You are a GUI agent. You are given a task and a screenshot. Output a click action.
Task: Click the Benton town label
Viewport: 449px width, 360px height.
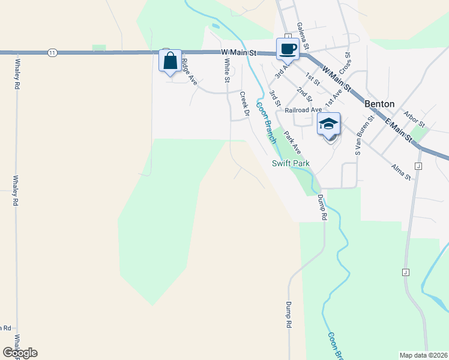tap(379, 104)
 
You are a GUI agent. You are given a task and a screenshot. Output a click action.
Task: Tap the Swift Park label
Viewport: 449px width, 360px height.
tap(290, 163)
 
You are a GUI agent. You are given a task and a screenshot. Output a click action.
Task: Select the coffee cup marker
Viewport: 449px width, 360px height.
tap(286, 49)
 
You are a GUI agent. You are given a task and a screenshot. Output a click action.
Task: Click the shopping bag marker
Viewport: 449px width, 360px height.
tap(170, 61)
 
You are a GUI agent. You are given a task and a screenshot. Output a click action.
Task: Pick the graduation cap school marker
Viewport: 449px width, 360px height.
tap(328, 124)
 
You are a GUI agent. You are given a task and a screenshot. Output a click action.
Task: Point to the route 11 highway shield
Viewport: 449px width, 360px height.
tap(53, 53)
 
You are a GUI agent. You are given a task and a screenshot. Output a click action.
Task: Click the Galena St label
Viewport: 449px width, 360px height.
tap(303, 37)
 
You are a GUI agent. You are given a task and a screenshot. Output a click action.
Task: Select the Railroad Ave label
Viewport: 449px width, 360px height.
tap(303, 110)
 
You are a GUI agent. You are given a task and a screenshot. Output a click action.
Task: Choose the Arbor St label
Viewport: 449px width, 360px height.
tap(414, 119)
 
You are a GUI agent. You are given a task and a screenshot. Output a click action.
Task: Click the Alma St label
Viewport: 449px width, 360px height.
tap(400, 173)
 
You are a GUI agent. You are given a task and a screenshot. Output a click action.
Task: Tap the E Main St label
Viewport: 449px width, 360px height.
tap(399, 131)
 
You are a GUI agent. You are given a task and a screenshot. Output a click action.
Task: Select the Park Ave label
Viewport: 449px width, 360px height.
tap(293, 143)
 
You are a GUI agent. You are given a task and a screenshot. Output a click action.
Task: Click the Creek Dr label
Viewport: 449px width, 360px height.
tap(244, 103)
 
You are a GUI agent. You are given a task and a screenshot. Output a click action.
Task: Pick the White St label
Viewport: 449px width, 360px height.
tap(227, 71)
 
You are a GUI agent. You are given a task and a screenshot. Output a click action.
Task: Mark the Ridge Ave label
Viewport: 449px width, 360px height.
tap(189, 69)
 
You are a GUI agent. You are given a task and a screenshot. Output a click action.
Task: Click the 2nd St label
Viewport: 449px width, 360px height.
tap(304, 95)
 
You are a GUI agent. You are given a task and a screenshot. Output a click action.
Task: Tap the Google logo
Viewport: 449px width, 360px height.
tap(19, 353)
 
